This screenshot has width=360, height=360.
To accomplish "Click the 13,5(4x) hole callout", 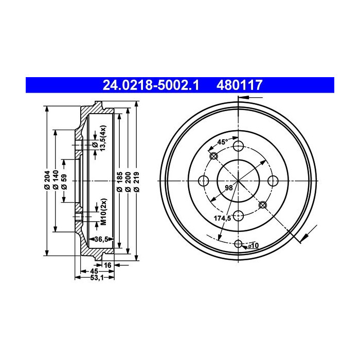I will [x=102, y=138].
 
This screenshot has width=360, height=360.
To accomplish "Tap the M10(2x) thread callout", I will [x=102, y=212].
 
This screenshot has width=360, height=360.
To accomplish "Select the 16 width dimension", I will [x=107, y=265].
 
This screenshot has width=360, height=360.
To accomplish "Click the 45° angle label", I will [x=222, y=142].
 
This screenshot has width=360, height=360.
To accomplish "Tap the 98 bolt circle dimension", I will [x=229, y=188].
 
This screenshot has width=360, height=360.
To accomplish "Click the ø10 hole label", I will [x=253, y=246].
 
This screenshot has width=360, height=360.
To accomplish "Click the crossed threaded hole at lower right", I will [x=263, y=205].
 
